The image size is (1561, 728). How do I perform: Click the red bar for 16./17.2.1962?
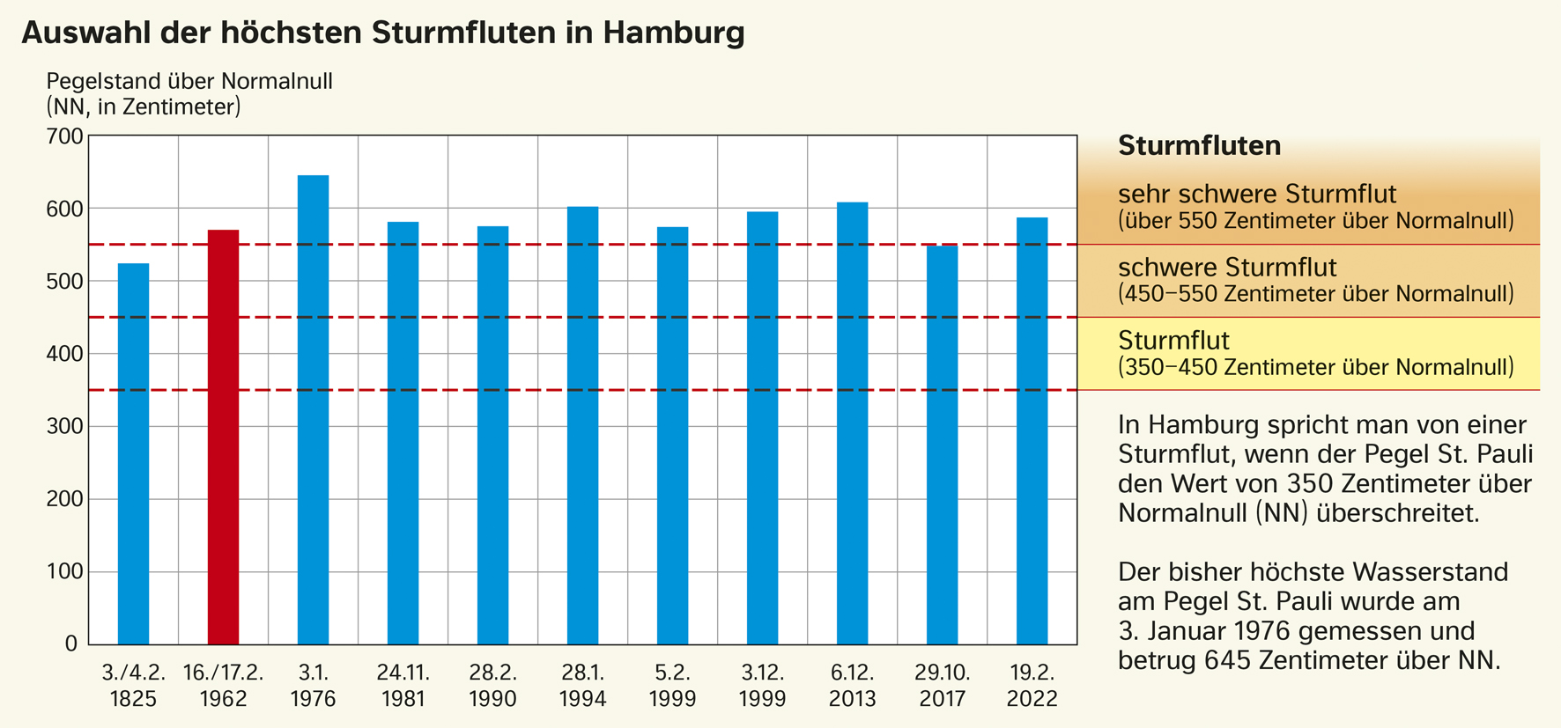[x=223, y=437]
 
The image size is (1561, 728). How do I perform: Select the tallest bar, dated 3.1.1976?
[x=313, y=409]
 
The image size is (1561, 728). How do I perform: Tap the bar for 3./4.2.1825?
[x=133, y=453]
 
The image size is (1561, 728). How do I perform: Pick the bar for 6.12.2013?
[x=852, y=423]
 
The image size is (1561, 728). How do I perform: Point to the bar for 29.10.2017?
[x=942, y=445]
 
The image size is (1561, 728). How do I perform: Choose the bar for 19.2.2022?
[x=1032, y=430]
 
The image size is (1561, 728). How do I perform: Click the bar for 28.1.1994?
[x=582, y=425]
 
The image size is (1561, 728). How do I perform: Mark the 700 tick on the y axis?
[x=64, y=136]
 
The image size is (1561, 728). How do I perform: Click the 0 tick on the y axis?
[x=71, y=644]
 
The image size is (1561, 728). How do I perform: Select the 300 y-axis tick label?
[x=64, y=427]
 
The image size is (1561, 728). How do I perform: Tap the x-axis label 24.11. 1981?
[x=403, y=686]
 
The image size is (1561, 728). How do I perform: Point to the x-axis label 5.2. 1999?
[x=672, y=686]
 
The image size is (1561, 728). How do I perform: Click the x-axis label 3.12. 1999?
[x=762, y=686]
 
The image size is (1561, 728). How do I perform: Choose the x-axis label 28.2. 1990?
[x=492, y=686]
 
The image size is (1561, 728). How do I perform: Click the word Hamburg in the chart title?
[x=674, y=33]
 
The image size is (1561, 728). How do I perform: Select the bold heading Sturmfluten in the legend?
[x=1199, y=145]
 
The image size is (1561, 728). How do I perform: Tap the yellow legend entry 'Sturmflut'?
[x=1173, y=341]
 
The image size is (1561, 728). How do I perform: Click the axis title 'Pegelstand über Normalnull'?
[x=189, y=82]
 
